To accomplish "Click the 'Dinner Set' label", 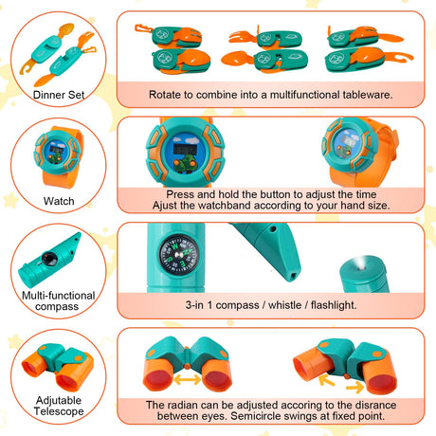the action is (x=59, y=95).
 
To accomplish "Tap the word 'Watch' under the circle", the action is (x=59, y=201).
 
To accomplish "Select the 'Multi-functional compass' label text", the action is (x=58, y=300).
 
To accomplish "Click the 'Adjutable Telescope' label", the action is (x=59, y=406).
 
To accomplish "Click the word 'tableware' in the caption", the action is (x=366, y=95).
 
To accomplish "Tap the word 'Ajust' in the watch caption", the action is (x=165, y=206).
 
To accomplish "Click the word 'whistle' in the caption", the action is (x=284, y=305).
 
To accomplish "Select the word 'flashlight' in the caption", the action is (x=333, y=305).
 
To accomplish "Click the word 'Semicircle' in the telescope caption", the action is (x=256, y=416).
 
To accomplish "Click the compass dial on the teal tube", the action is (x=179, y=254).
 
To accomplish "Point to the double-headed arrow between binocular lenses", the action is (x=188, y=379).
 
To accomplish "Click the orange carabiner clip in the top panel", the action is (x=143, y=28).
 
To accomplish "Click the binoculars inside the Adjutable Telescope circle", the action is (x=58, y=367).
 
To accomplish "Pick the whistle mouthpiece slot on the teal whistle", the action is (x=294, y=277).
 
